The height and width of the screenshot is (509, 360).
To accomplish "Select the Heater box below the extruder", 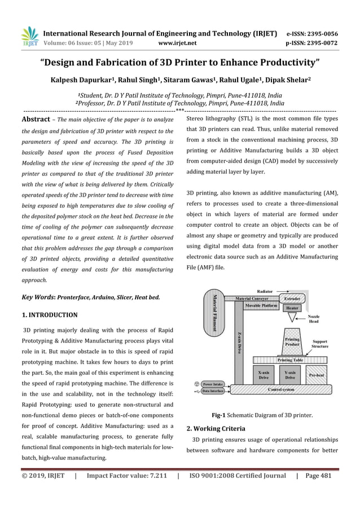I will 292,309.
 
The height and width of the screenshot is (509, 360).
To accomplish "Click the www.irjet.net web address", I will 178,41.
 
